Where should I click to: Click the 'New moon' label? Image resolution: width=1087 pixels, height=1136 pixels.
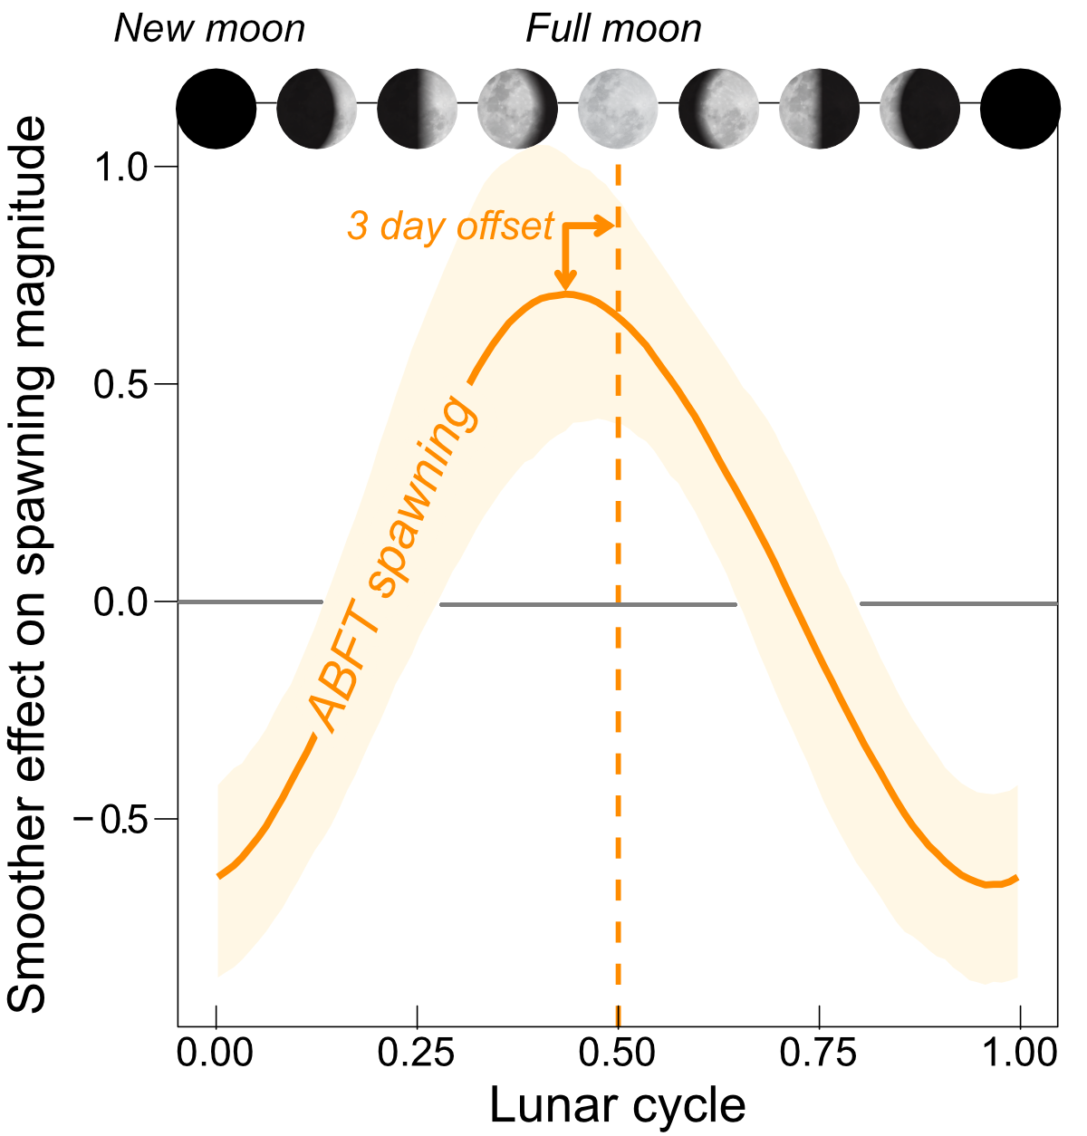(x=209, y=29)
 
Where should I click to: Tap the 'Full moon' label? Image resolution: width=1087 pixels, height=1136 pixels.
(x=613, y=29)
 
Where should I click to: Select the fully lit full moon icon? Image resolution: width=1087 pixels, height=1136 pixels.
(x=618, y=109)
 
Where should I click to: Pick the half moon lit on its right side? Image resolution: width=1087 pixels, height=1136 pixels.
(x=417, y=109)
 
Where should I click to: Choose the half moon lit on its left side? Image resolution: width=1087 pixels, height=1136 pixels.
(x=819, y=109)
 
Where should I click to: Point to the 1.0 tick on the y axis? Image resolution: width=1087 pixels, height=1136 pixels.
(x=127, y=167)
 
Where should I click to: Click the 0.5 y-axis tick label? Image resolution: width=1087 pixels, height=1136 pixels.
(x=127, y=384)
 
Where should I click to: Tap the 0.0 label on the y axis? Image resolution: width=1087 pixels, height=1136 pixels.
(x=127, y=602)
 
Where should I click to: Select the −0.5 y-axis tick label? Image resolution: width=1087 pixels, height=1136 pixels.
(x=113, y=819)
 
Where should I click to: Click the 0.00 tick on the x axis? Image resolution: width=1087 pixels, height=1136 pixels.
(x=216, y=1054)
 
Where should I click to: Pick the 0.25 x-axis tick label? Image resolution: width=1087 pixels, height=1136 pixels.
(x=417, y=1054)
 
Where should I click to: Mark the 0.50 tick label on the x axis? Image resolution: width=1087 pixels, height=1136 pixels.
(x=618, y=1054)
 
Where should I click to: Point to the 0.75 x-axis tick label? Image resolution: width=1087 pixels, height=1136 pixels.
(x=819, y=1054)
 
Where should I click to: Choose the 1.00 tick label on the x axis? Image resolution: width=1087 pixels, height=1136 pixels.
(x=1020, y=1054)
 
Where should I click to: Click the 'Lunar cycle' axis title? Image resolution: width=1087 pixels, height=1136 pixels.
(x=618, y=1105)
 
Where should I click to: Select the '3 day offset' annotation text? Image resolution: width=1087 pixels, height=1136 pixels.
(x=450, y=226)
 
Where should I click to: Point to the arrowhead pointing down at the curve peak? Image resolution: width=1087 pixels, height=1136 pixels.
(x=566, y=284)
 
